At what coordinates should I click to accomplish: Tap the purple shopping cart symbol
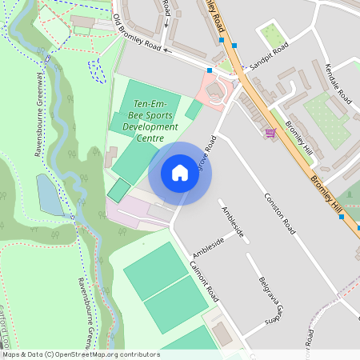pos(270,132)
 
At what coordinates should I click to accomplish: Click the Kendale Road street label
pos(339,84)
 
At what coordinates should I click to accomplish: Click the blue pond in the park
pos(50,196)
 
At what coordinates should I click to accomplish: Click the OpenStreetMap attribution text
pos(80,354)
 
